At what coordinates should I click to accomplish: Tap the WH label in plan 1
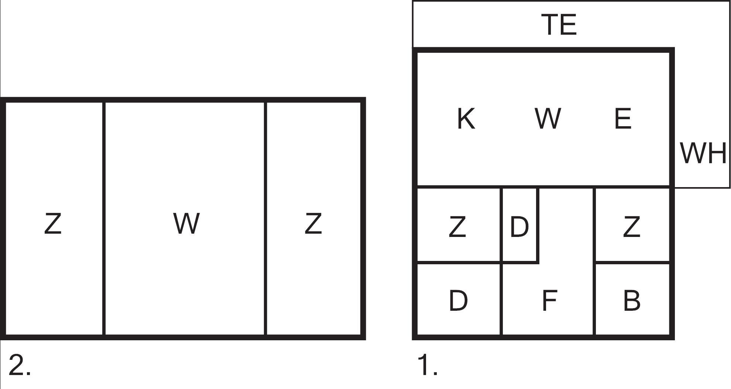(x=703, y=153)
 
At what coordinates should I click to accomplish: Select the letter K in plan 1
(x=466, y=118)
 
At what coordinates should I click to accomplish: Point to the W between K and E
(x=548, y=118)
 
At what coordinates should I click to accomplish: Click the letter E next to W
(x=623, y=118)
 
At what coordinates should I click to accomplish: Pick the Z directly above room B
(x=631, y=227)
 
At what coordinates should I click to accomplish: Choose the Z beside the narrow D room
(x=457, y=227)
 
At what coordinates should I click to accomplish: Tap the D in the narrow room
(x=519, y=227)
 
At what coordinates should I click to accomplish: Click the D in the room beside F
(x=458, y=300)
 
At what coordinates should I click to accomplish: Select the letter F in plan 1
(x=549, y=300)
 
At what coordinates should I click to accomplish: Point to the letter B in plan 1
(x=631, y=300)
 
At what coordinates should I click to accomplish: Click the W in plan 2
(x=186, y=223)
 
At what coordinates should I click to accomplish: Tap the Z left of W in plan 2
(x=53, y=223)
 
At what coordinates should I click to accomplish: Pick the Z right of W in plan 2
(x=313, y=223)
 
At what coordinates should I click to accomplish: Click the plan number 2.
(x=19, y=365)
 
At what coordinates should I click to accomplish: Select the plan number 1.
(x=428, y=365)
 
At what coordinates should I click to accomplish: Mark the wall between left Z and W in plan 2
(x=104, y=218)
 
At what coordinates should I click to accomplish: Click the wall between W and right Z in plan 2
(x=265, y=218)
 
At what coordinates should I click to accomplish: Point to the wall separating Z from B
(x=632, y=262)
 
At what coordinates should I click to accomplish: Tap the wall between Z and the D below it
(x=459, y=262)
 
